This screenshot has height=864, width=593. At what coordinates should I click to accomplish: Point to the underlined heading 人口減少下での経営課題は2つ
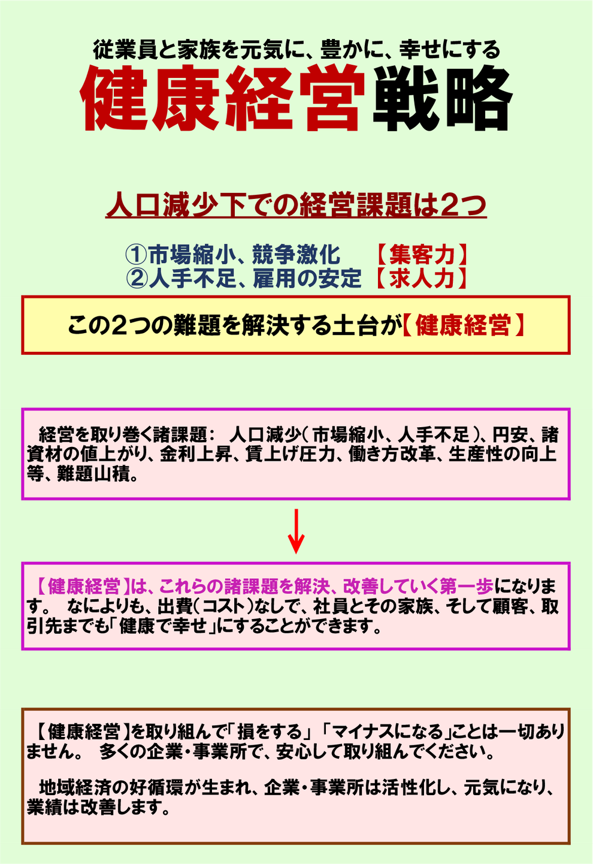coord(296,205)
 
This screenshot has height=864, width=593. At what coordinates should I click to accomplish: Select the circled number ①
coord(137,255)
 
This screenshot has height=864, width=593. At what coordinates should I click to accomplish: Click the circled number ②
coord(137,278)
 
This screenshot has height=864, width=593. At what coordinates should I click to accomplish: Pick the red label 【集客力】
coord(422,255)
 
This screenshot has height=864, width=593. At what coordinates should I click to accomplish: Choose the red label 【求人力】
coord(422,278)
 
